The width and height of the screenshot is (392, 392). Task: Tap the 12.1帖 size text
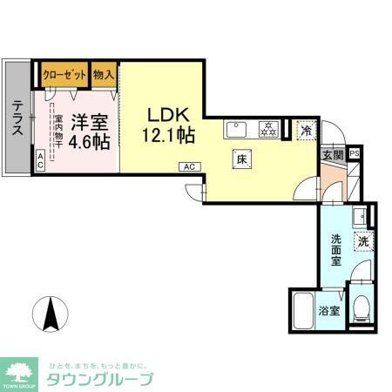(x=167, y=136)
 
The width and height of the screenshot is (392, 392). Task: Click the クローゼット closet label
(x=64, y=75)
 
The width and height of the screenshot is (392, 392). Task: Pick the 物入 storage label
(x=104, y=75)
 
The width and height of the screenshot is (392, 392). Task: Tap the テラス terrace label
(x=17, y=118)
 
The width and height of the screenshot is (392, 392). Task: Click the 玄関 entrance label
(x=333, y=154)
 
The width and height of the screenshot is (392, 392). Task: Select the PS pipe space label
(x=354, y=154)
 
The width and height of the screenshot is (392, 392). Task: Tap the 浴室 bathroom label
(x=328, y=309)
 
